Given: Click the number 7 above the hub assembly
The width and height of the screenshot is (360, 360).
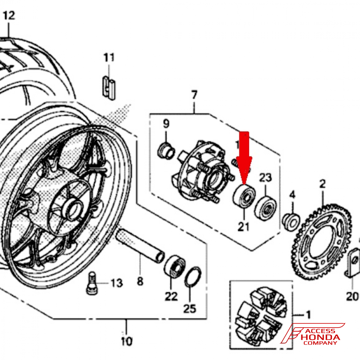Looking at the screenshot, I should pyautogui.click(x=194, y=95).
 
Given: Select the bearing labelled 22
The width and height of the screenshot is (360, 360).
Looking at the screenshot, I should pyautogui.click(x=175, y=266).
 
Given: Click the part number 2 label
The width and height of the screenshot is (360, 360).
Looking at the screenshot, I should pyautogui.click(x=322, y=185).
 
